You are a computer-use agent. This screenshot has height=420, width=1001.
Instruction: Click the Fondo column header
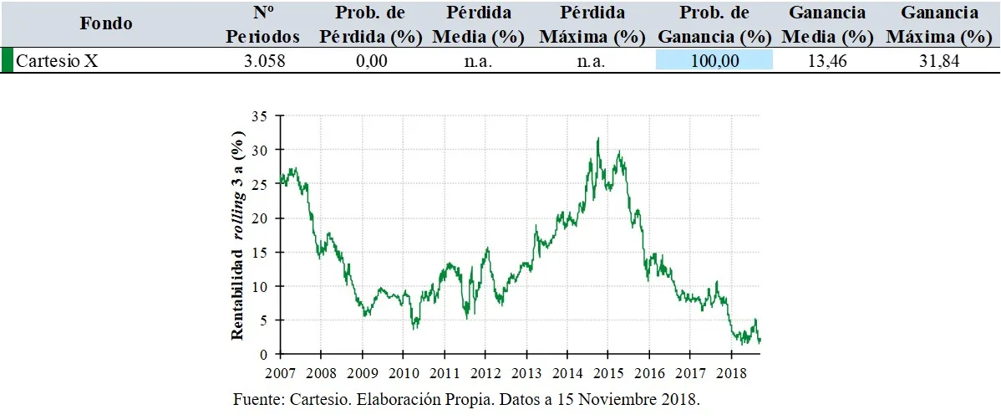pyautogui.click(x=106, y=24)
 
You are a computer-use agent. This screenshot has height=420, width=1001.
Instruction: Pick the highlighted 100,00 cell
pyautogui.click(x=714, y=61)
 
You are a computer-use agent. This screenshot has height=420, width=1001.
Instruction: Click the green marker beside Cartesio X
pyautogui.click(x=7, y=61)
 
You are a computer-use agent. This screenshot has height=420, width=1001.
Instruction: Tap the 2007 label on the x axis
pyautogui.click(x=281, y=372)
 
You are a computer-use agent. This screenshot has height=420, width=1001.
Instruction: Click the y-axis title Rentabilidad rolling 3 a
pyautogui.click(x=237, y=235)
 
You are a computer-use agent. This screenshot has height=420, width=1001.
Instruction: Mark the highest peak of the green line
pyautogui.click(x=597, y=138)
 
